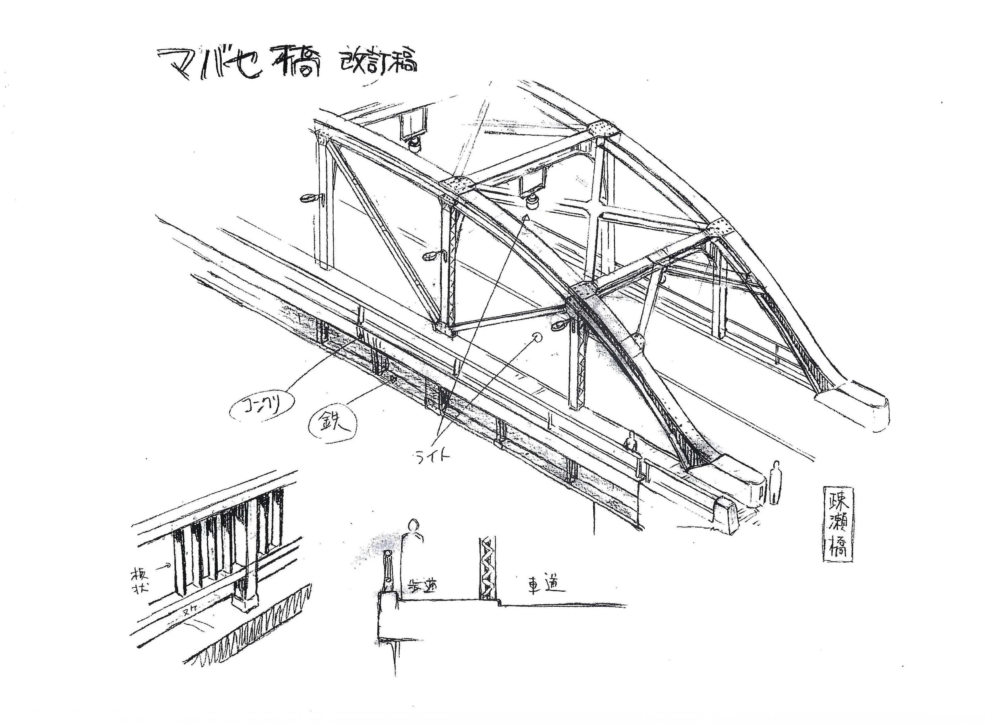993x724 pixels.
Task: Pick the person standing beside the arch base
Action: [775, 482]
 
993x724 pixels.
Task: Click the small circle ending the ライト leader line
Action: [536, 337]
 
